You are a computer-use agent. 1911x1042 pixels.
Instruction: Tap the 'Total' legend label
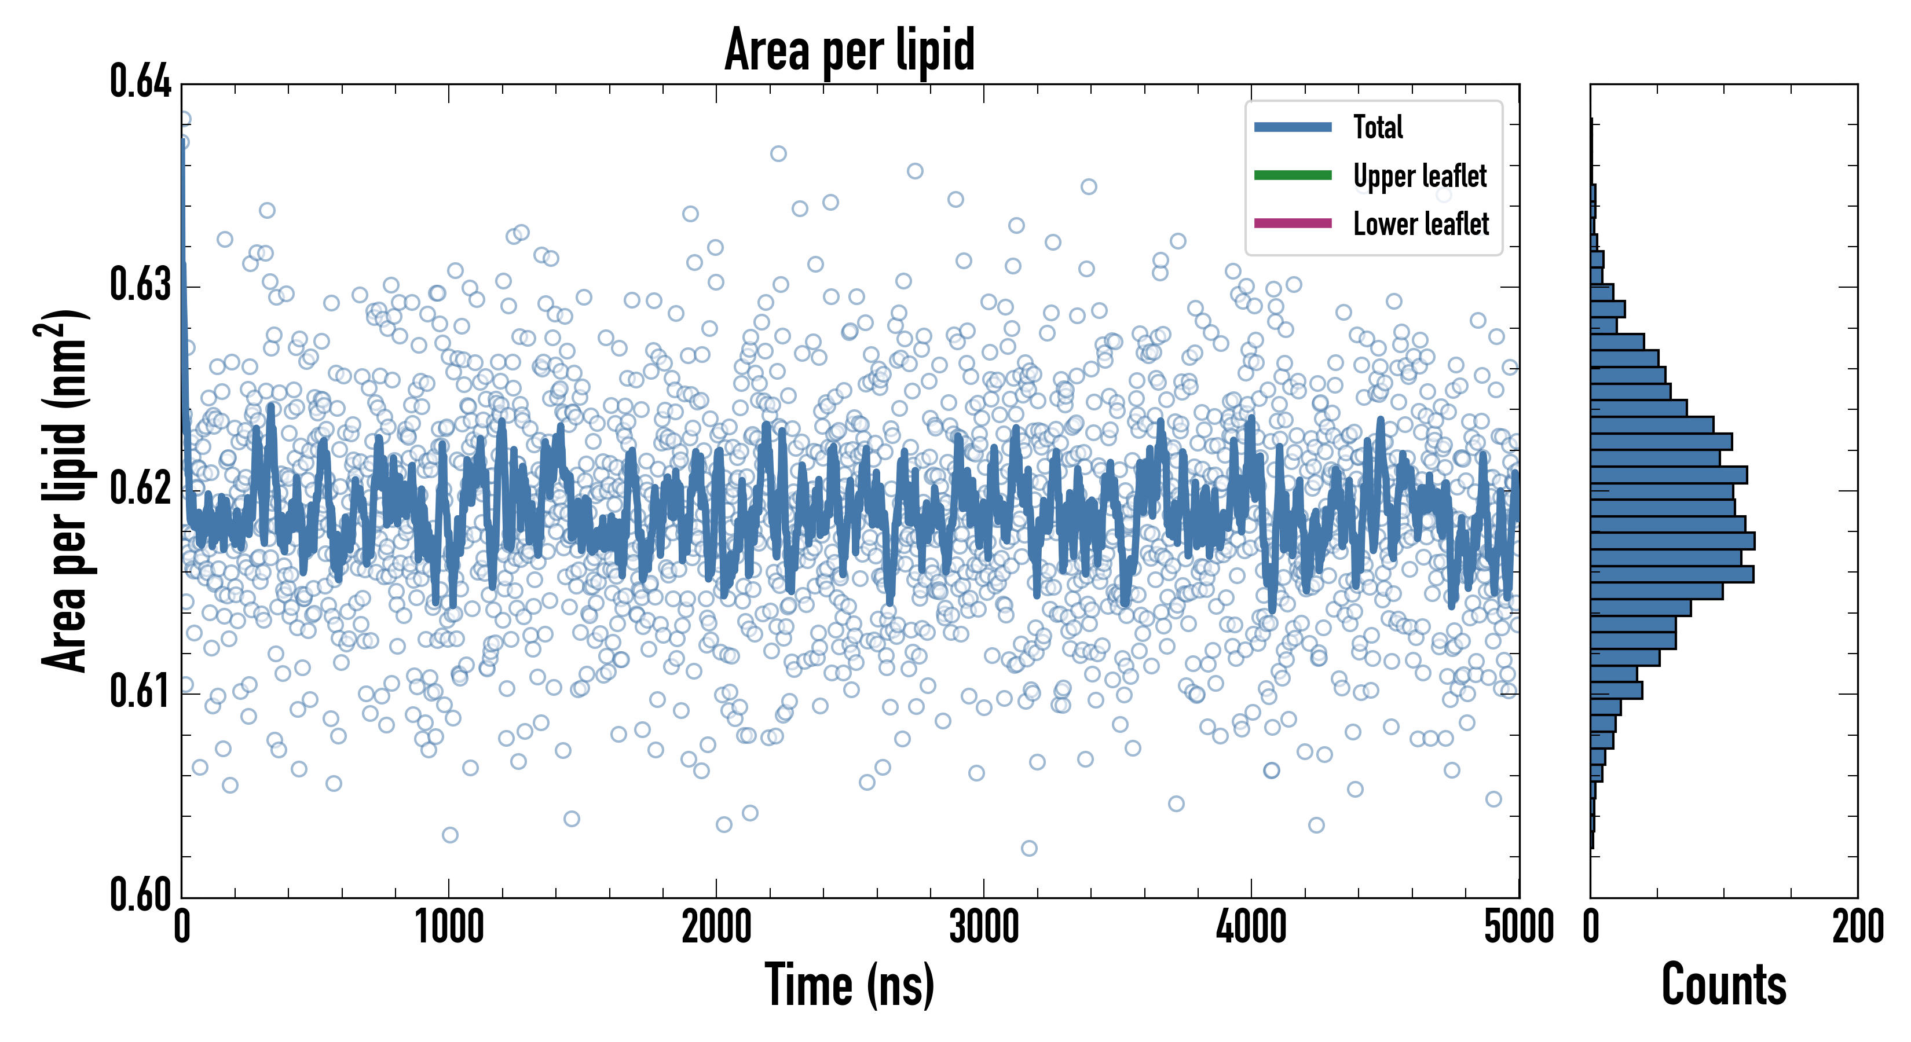[1378, 127]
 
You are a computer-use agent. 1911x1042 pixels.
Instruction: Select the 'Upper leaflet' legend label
[1419, 176]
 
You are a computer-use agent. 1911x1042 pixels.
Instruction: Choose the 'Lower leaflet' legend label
[1421, 223]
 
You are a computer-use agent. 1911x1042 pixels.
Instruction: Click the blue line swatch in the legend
[1293, 127]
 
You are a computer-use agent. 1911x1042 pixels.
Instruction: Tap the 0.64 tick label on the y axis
[140, 82]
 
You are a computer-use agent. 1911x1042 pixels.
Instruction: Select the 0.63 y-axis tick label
[140, 285]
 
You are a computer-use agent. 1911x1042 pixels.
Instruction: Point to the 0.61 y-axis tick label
[140, 692]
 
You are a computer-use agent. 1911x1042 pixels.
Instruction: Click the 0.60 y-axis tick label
[140, 894]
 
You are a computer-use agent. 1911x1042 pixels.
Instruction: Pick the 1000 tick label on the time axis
[449, 927]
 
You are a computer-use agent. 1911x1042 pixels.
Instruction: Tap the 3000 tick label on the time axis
[984, 927]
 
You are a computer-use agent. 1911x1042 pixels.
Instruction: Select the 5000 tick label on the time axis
[1518, 927]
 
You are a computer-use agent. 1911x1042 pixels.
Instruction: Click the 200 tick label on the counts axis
[1857, 927]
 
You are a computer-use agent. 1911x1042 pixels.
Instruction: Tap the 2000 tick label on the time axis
[717, 927]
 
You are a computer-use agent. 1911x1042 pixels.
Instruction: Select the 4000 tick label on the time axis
[1251, 927]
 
